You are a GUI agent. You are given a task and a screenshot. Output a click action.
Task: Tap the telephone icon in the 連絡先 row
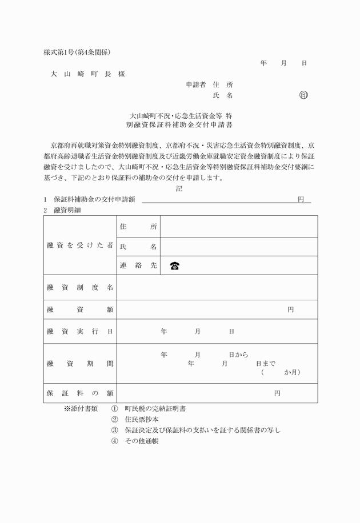click(x=175, y=265)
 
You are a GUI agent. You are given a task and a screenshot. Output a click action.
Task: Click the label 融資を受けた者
click(x=80, y=246)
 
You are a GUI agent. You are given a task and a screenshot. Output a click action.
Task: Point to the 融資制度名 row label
click(x=80, y=287)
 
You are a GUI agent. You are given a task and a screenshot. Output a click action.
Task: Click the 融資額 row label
click(x=80, y=309)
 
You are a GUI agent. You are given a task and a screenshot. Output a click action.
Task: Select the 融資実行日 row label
click(x=80, y=331)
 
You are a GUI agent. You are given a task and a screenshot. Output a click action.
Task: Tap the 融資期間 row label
click(x=80, y=363)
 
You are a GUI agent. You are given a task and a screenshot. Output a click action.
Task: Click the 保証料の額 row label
click(x=80, y=393)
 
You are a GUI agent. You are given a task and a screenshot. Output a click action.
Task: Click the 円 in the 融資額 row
click(x=290, y=309)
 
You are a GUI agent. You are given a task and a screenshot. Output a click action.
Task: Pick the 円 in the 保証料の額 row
click(x=277, y=393)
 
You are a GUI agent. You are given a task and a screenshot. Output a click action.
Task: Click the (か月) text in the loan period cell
click(x=280, y=372)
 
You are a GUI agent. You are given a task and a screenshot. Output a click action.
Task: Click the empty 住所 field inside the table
click(x=238, y=227)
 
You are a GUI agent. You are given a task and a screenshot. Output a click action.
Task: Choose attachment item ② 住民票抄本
click(x=135, y=419)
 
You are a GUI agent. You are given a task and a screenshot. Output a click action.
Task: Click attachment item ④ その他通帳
click(x=135, y=441)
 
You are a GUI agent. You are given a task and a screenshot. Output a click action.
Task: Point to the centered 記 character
click(x=179, y=188)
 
